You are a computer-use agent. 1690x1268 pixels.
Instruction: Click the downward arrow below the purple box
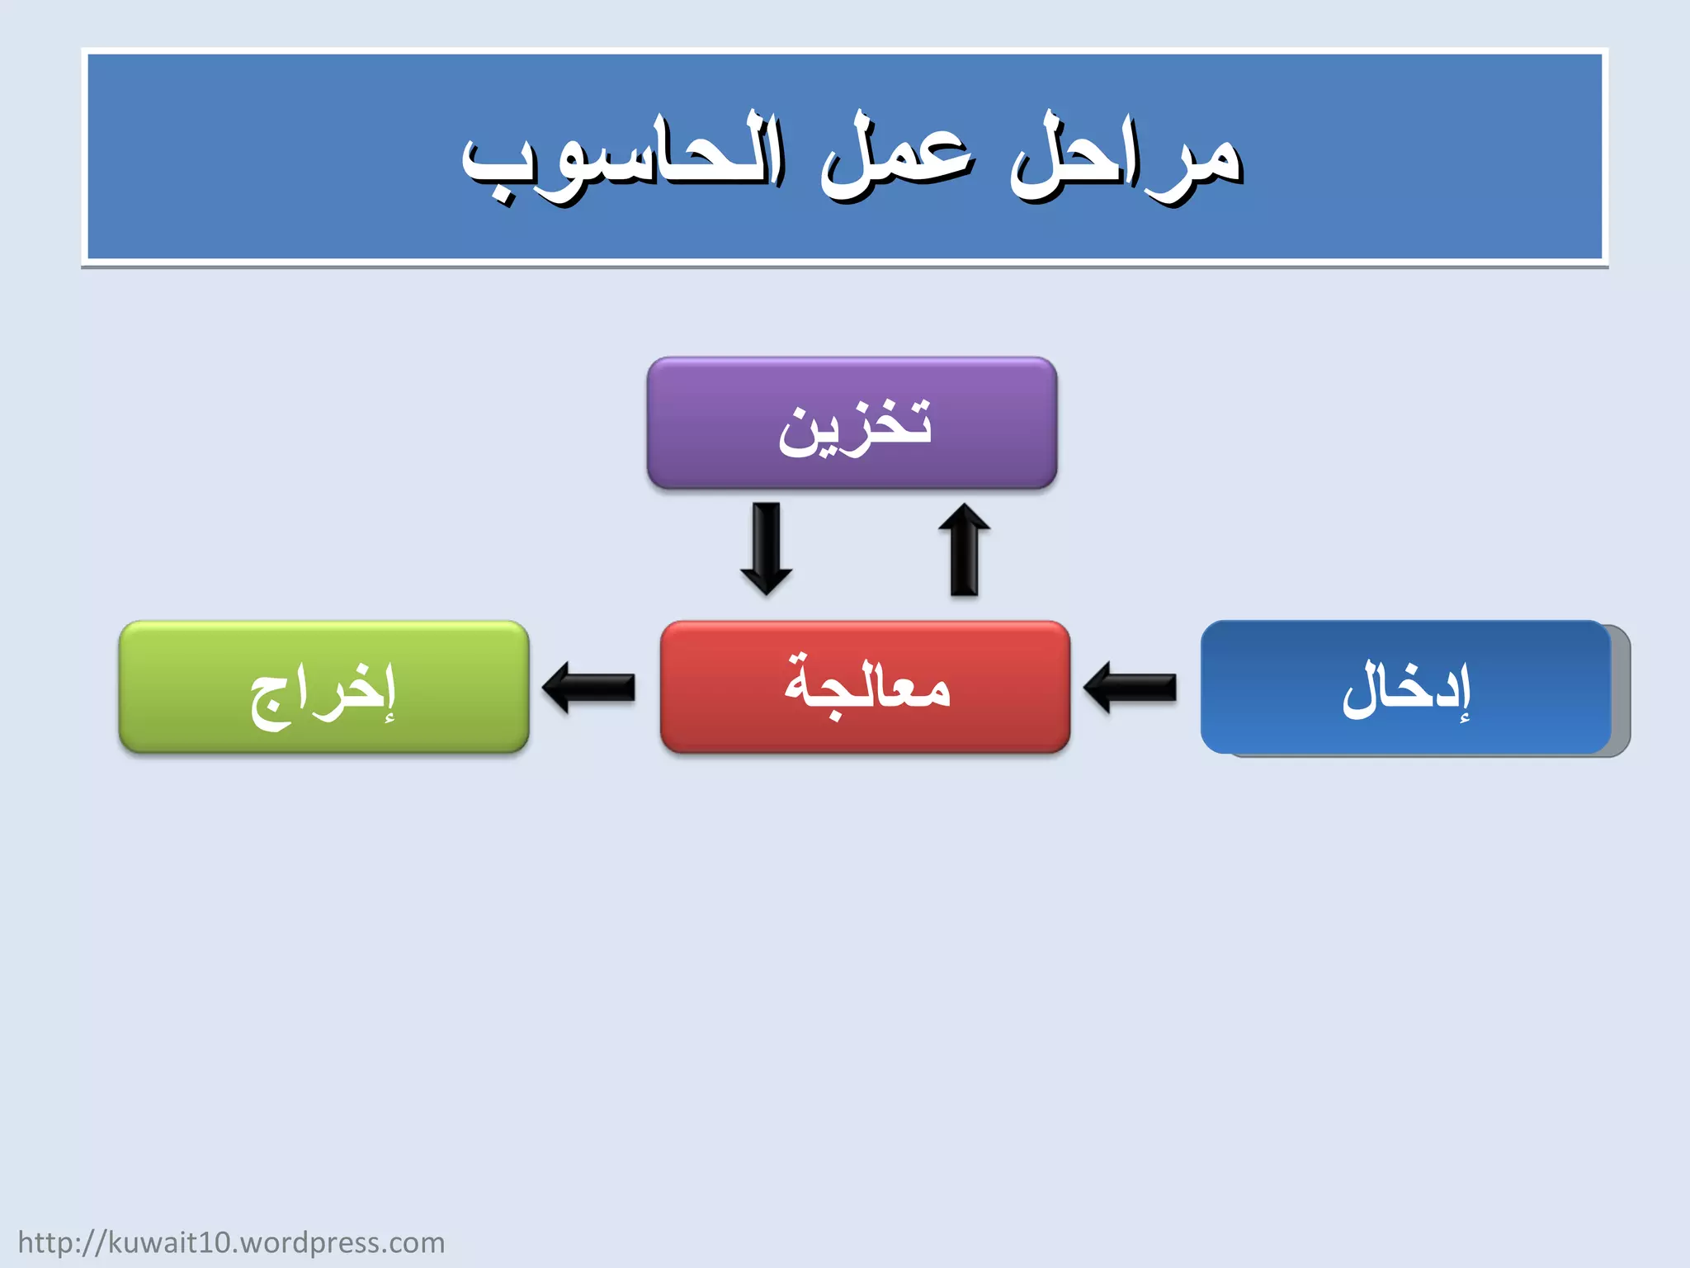click(767, 549)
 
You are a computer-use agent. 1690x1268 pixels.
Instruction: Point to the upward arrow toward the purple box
click(964, 549)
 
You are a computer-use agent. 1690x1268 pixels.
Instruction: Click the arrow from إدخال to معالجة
click(1131, 687)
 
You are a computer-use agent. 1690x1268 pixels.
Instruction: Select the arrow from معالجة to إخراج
click(589, 687)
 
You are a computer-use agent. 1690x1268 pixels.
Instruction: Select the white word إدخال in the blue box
click(1406, 689)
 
